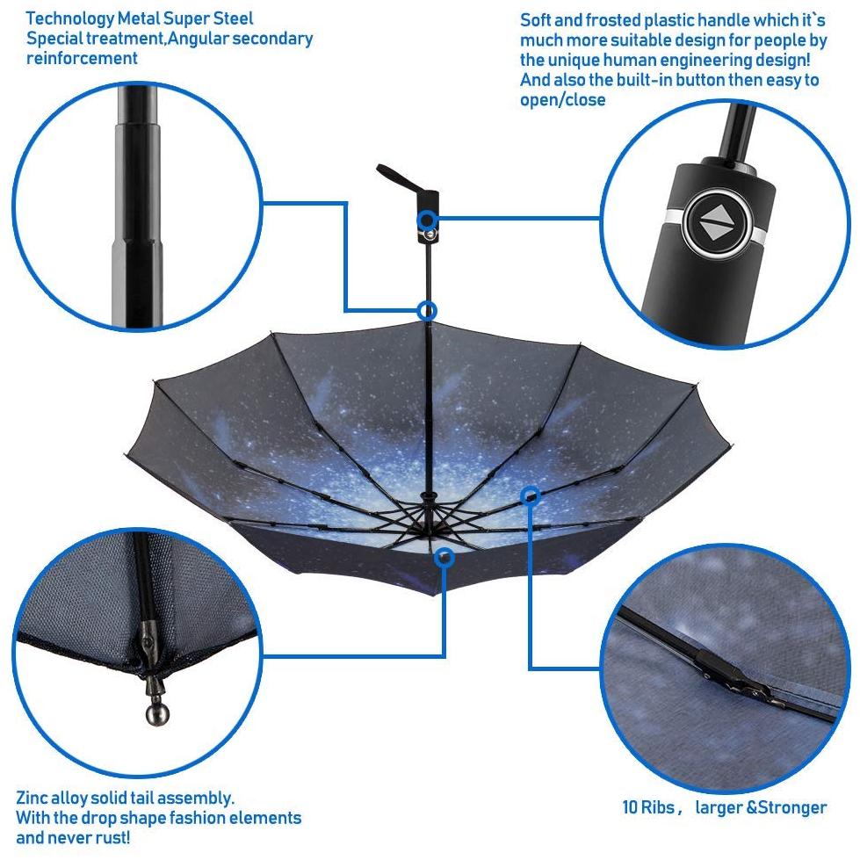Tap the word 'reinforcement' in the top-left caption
coord(82,58)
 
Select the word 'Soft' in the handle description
coord(536,20)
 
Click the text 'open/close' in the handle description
coord(563,100)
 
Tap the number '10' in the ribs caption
coord(630,807)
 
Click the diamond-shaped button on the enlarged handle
coord(717,223)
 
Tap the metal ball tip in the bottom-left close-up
coord(157,713)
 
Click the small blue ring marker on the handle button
coord(427,220)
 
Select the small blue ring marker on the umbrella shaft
coord(427,312)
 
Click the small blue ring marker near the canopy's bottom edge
coord(444,558)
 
